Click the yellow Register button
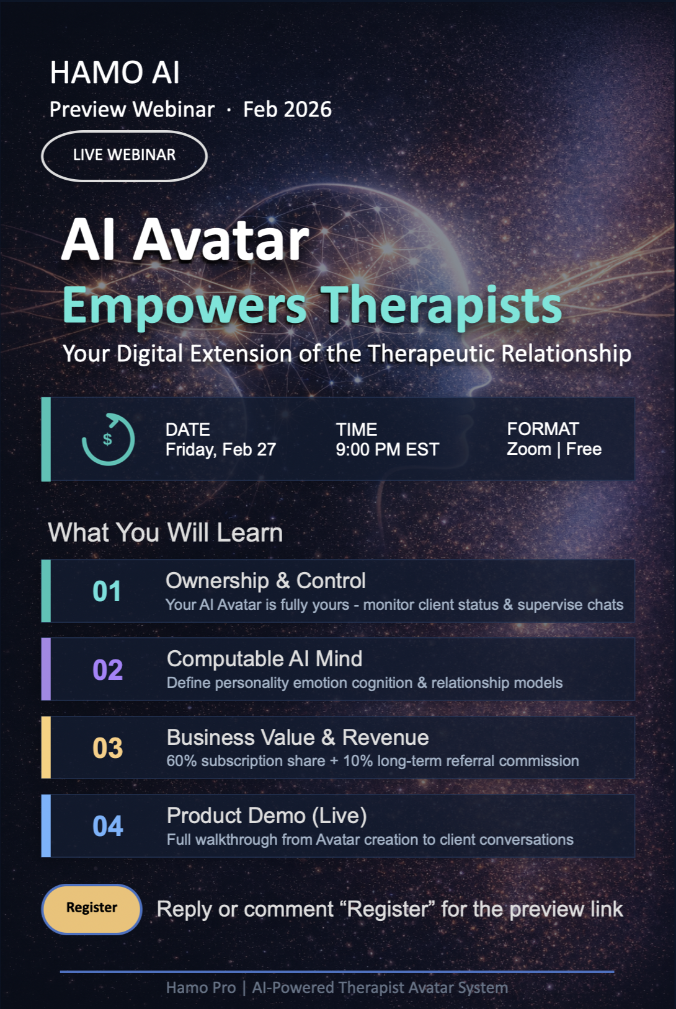pos(92,908)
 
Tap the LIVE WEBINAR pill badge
pos(124,156)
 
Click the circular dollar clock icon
pos(108,439)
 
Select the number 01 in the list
pos(107,592)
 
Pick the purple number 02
pos(107,670)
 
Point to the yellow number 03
pos(107,748)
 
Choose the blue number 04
pos(107,826)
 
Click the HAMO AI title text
pos(115,73)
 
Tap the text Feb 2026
pos(287,110)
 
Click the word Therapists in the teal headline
pos(441,306)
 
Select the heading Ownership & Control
pos(265,581)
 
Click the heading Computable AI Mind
pos(264,659)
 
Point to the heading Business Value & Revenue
pos(298,738)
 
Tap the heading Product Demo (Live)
pos(267,816)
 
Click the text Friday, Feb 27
pos(220,449)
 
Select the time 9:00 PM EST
pos(387,449)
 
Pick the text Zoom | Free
pos(554,449)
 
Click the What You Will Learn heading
pos(165,532)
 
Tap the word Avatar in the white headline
pos(221,240)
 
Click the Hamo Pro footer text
pos(201,987)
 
